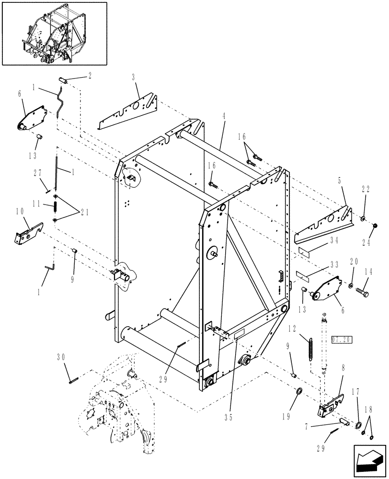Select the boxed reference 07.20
[342, 339]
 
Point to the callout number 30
[60, 356]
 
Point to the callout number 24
[366, 243]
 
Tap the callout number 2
[89, 75]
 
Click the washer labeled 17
[358, 425]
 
